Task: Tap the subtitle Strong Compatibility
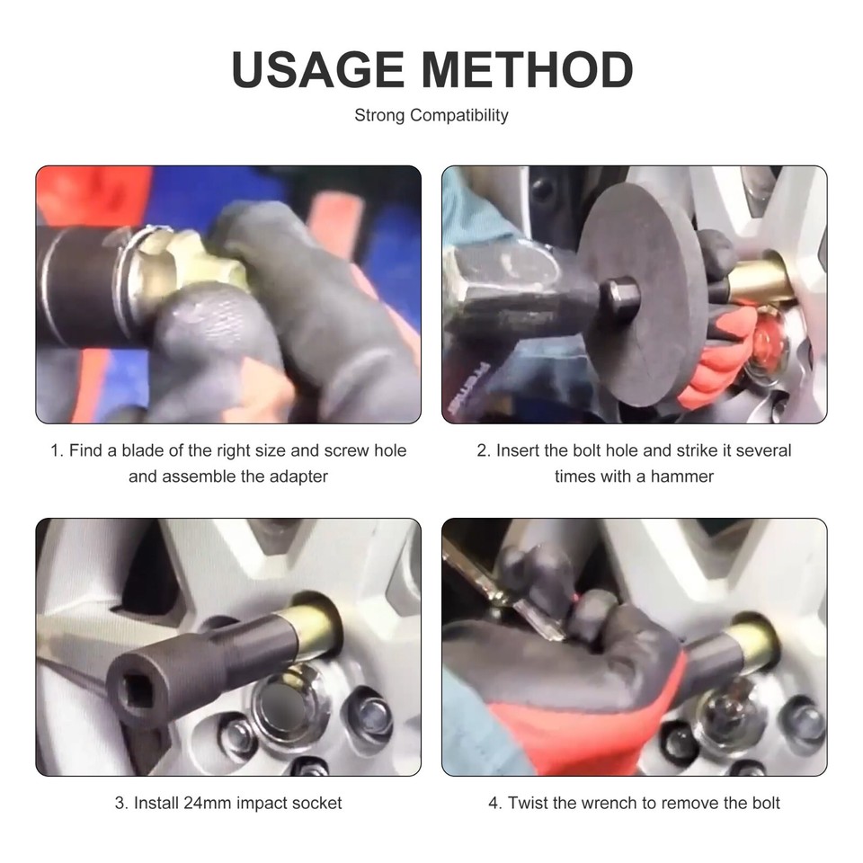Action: (431, 115)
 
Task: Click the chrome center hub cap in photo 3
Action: (286, 706)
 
